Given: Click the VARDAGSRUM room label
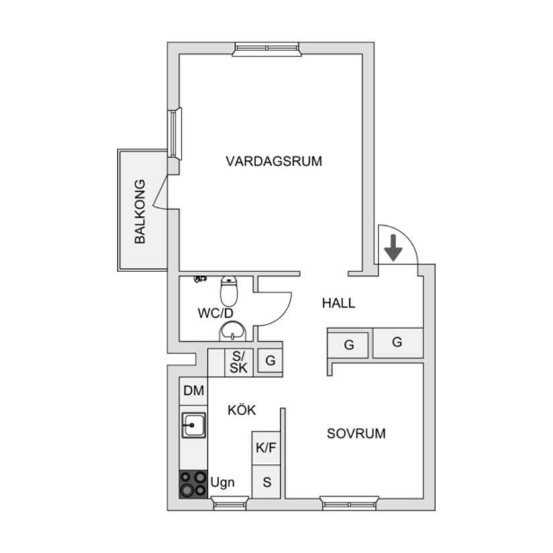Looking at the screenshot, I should click(x=273, y=162).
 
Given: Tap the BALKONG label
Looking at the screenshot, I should click(x=140, y=211).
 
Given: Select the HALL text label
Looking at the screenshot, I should click(x=339, y=303).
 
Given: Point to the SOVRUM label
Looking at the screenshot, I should click(x=356, y=434).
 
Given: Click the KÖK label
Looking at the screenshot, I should click(x=242, y=410).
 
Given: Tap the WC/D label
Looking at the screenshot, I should click(x=215, y=313).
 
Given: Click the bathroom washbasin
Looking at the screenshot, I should click(x=233, y=330).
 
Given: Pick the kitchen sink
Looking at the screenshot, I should click(x=194, y=425).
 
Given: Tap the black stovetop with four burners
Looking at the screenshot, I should click(x=193, y=484).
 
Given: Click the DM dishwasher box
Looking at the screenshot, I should click(x=194, y=391).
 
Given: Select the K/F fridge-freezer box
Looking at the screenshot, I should click(x=266, y=448).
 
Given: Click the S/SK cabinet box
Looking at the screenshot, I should click(x=238, y=363).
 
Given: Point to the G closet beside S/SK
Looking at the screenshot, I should click(x=270, y=361).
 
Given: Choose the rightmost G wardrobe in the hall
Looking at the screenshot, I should click(x=397, y=343).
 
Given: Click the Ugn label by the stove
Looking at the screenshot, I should click(x=223, y=483).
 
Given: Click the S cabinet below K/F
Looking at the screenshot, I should click(x=266, y=482).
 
